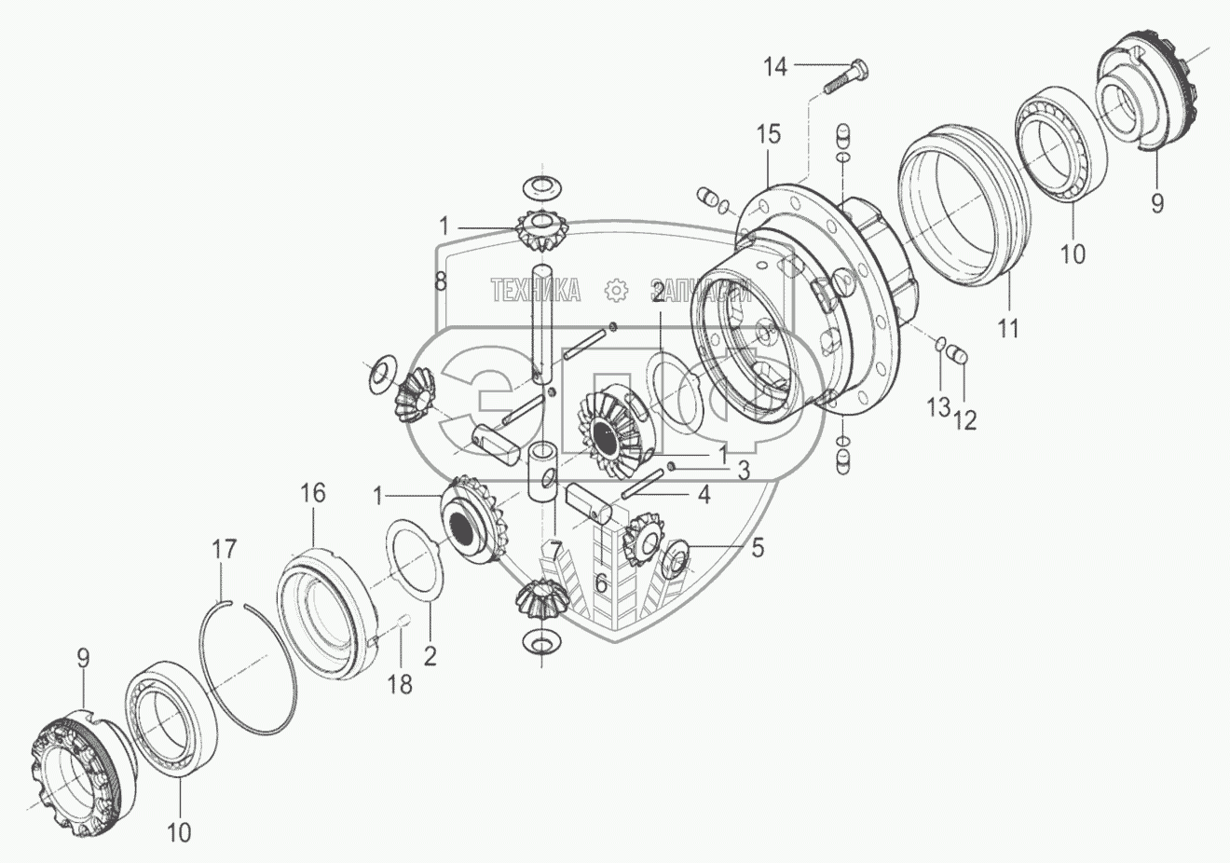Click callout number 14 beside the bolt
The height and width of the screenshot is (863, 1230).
click(775, 66)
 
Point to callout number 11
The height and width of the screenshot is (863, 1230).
click(1008, 328)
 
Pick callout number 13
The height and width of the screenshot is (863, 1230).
click(938, 406)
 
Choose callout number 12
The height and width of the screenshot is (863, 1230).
click(964, 419)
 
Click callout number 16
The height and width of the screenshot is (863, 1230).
click(312, 493)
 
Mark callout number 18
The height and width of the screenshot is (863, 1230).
click(399, 684)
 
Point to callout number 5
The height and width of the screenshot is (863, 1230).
click(758, 547)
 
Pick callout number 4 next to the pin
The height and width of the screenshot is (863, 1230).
click(704, 495)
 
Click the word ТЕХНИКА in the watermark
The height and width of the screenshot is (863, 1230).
click(536, 291)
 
